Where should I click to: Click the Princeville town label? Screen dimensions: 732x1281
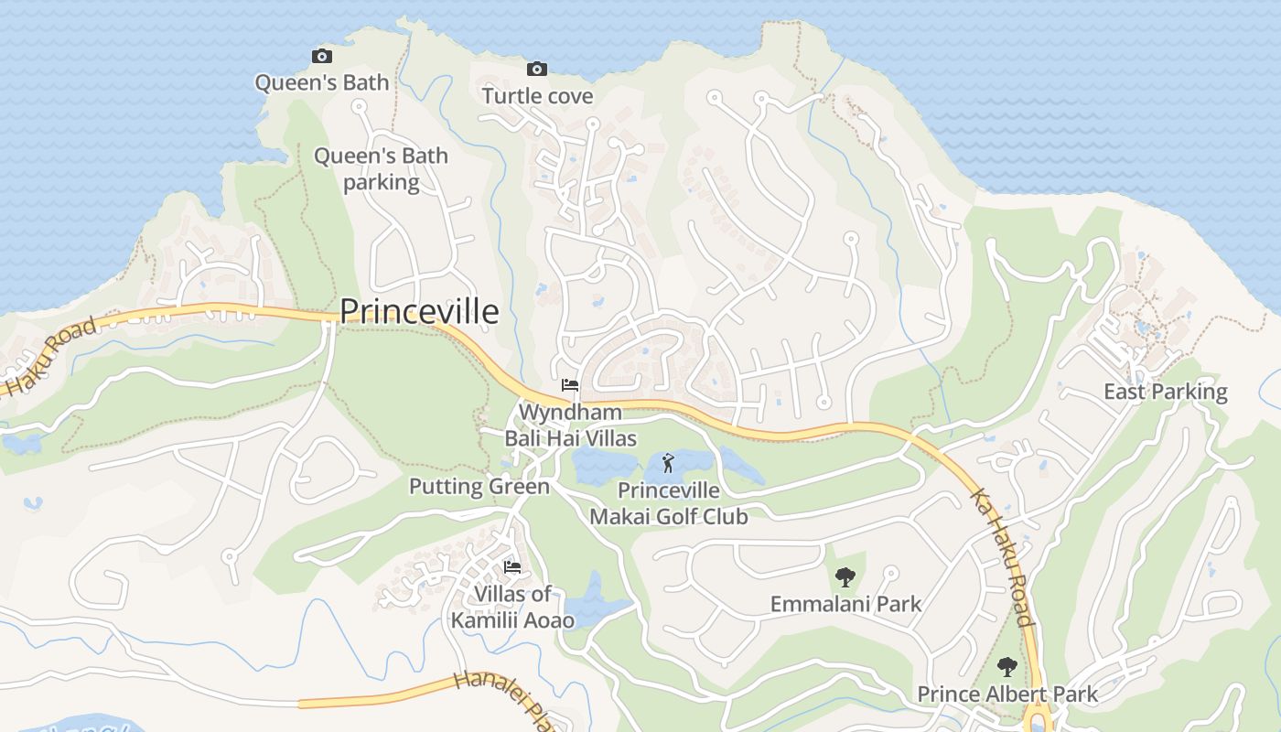[419, 312]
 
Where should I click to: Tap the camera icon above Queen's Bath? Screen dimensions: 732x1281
[321, 57]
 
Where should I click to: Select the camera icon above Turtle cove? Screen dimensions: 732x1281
[537, 69]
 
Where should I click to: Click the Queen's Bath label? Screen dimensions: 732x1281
[321, 82]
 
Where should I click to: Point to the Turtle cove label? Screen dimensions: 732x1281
[537, 96]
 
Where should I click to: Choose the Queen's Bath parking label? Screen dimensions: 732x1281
[381, 168]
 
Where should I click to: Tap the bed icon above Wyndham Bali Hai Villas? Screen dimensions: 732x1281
[570, 385]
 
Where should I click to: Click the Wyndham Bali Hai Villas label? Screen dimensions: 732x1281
[571, 425]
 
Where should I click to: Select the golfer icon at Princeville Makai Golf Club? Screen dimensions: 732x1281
[668, 462]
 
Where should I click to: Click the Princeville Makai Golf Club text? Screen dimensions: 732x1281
[668, 503]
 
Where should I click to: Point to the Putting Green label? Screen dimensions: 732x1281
[479, 486]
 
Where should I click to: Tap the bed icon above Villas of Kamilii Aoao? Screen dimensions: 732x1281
[512, 567]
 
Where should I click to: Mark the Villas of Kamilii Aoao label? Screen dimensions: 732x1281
[512, 607]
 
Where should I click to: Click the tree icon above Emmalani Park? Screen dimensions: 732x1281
[845, 576]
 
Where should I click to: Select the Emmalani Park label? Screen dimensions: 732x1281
[845, 604]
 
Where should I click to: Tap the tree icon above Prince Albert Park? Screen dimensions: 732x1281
[1007, 666]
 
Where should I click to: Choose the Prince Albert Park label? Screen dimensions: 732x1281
[1007, 694]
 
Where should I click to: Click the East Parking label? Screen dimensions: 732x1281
[1165, 392]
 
